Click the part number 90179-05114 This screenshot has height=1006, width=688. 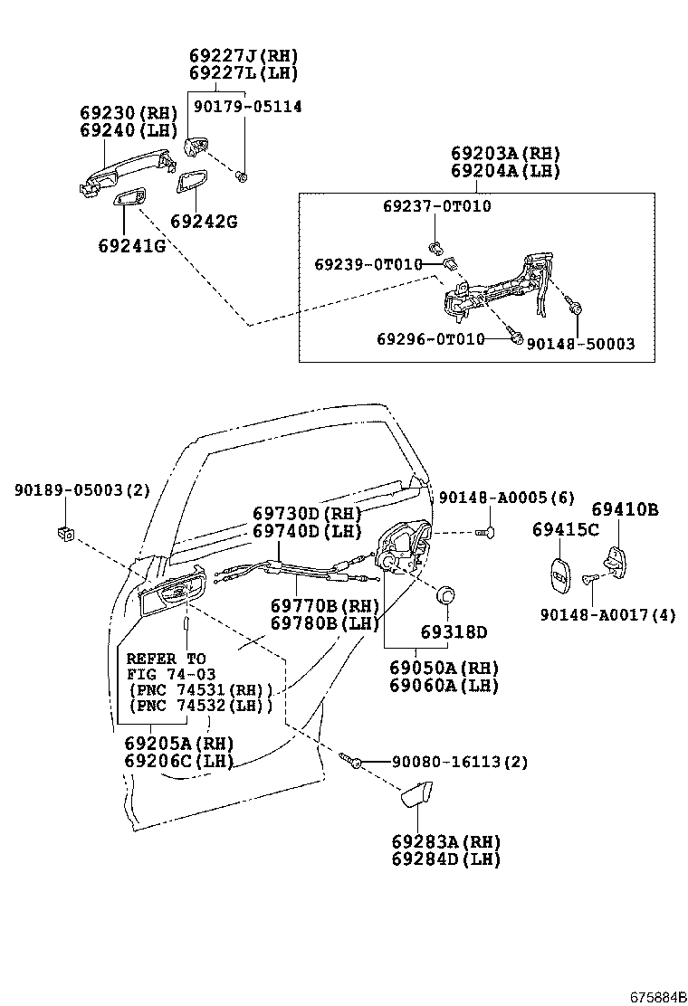tap(247, 107)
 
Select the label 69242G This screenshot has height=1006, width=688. tap(204, 222)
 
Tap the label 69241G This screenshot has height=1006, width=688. tap(132, 245)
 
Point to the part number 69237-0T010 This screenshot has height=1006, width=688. tap(436, 206)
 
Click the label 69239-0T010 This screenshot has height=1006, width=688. tap(368, 264)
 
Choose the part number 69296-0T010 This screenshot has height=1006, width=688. tap(431, 338)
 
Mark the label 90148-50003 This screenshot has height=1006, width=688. tap(580, 344)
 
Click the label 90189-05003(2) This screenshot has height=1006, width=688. tap(82, 490)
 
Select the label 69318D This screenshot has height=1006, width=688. tap(453, 631)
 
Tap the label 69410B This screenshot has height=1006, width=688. tap(625, 510)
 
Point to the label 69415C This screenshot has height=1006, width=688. tap(565, 529)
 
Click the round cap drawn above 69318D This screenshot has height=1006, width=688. tap(445, 596)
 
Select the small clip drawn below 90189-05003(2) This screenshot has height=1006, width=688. tap(65, 532)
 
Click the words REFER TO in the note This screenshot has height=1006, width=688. tap(166, 659)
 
